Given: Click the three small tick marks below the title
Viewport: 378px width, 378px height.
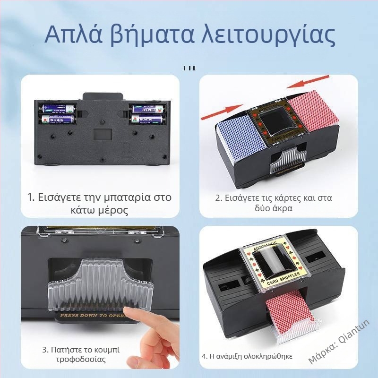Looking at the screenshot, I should tap(189, 68).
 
